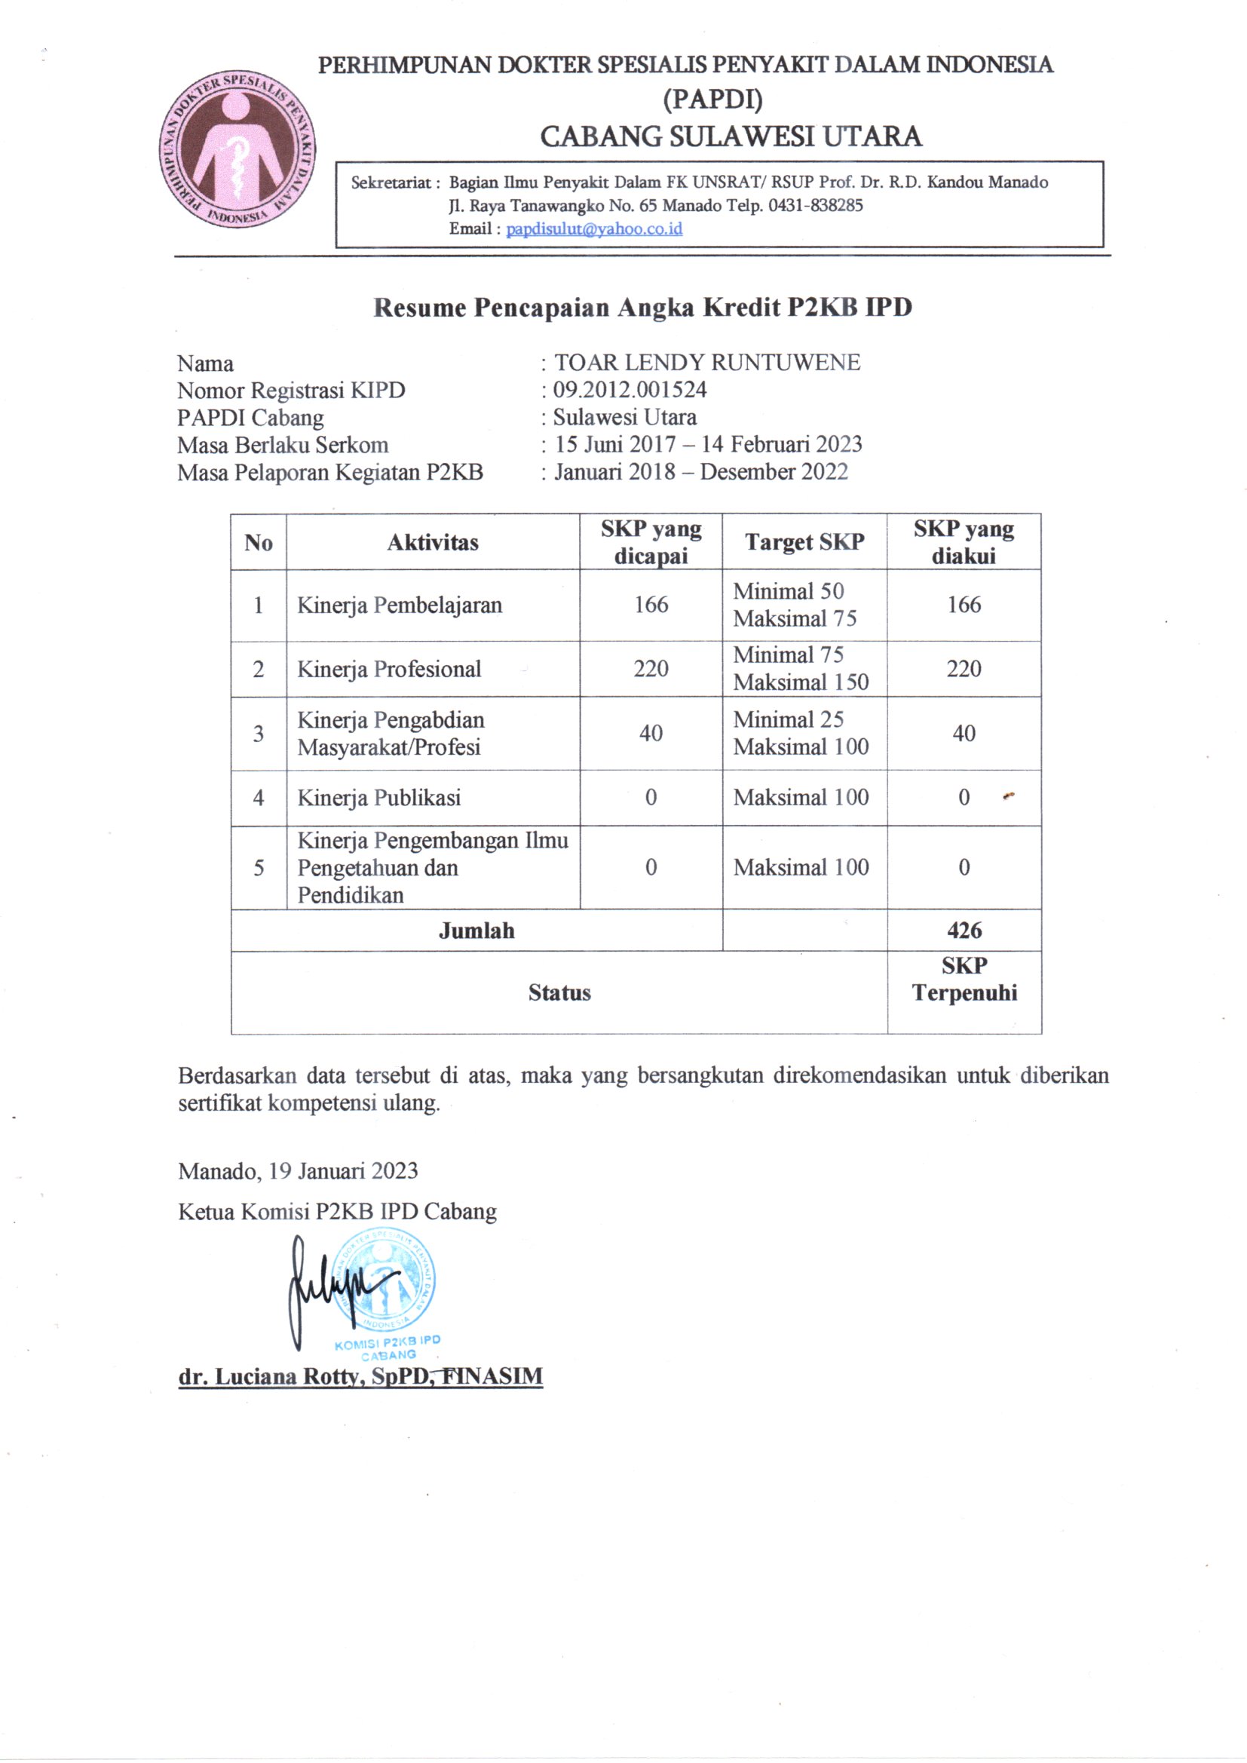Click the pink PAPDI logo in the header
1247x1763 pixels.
(238, 151)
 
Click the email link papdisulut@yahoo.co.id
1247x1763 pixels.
(593, 228)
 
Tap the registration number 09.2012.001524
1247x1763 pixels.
(630, 390)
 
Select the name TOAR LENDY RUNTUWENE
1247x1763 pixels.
(706, 363)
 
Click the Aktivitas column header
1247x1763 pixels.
(432, 543)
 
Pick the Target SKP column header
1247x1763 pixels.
(804, 542)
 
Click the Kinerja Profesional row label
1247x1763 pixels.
(388, 669)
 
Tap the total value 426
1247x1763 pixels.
(964, 931)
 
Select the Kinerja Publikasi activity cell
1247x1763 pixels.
(378, 798)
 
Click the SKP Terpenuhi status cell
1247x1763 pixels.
(964, 980)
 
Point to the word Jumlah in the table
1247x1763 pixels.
(476, 931)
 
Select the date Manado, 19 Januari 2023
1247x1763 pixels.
(298, 1171)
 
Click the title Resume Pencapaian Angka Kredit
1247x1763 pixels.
(642, 307)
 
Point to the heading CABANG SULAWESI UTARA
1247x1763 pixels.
(731, 136)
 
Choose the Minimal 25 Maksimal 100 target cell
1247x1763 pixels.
(801, 733)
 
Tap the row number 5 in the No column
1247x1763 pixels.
(259, 868)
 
